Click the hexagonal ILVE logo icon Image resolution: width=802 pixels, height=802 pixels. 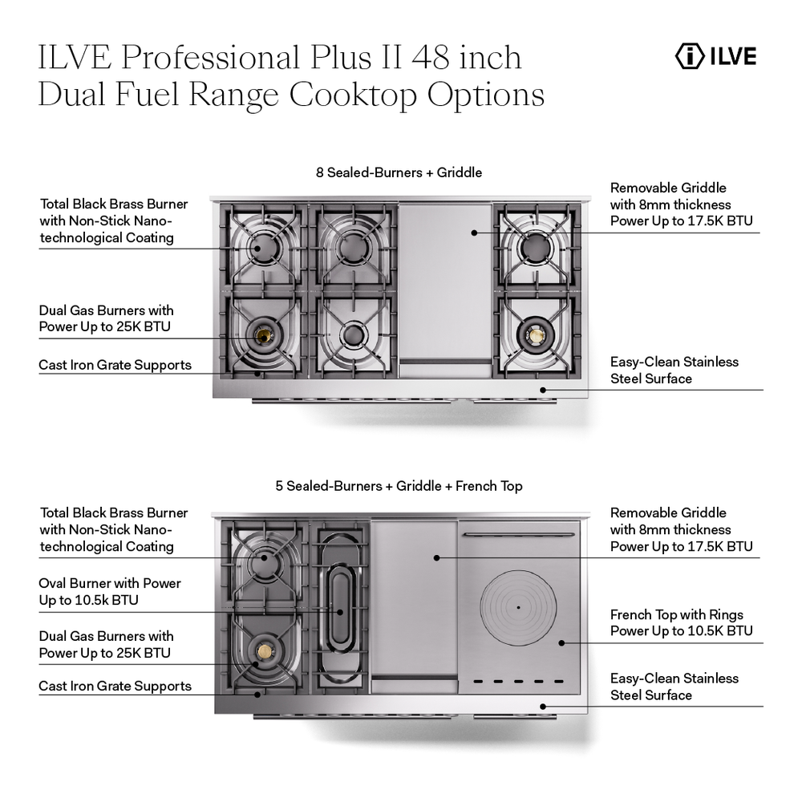[x=687, y=56]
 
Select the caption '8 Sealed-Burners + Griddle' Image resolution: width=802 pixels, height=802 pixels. [x=399, y=172]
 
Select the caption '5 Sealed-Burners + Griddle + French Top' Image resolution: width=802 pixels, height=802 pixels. [x=399, y=486]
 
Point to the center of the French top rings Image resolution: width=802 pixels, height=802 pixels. [x=518, y=607]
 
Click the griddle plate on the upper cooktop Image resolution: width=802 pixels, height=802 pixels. [x=445, y=281]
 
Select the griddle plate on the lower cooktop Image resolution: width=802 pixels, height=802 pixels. [x=413, y=601]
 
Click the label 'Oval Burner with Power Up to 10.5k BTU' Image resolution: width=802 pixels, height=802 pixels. [x=110, y=592]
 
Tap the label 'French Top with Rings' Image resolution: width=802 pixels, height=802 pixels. [x=676, y=615]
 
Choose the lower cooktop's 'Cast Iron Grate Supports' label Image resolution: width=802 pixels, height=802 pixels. [x=115, y=686]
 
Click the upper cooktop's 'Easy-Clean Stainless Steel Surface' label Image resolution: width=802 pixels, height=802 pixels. [x=674, y=370]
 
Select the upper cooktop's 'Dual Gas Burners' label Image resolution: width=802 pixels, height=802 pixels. [x=106, y=318]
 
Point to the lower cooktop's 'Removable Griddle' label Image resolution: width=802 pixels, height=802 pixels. [x=680, y=529]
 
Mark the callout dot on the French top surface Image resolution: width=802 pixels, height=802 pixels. [x=561, y=642]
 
